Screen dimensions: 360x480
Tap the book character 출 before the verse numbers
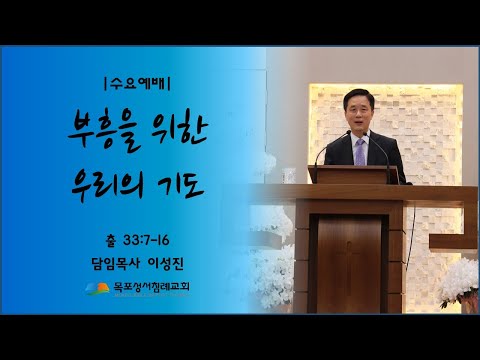[x=109, y=242]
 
